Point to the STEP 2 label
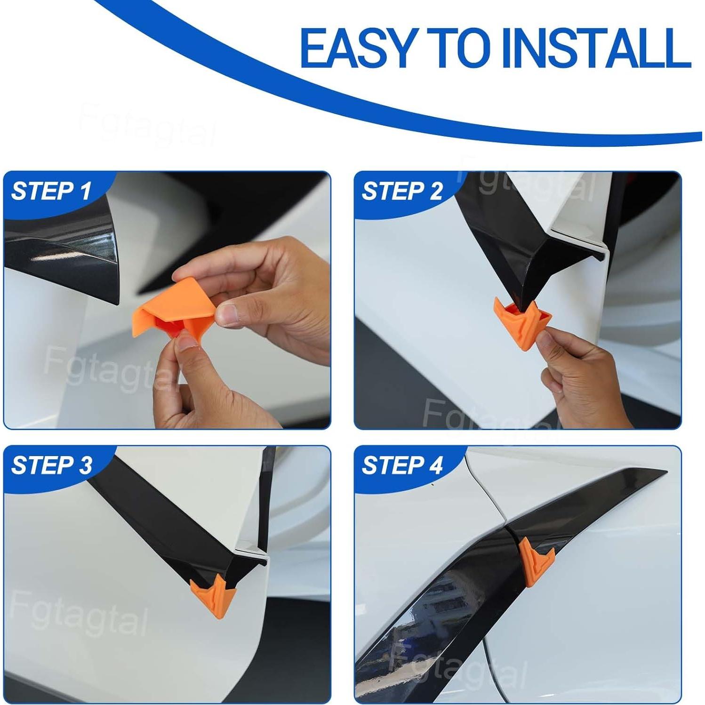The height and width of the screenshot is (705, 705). coord(402,192)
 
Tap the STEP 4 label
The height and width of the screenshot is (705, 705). coord(402,465)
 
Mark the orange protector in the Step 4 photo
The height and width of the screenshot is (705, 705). coord(532,560)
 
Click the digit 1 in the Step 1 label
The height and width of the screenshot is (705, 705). coord(86,192)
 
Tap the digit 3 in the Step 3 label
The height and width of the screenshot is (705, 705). coord(85,465)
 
